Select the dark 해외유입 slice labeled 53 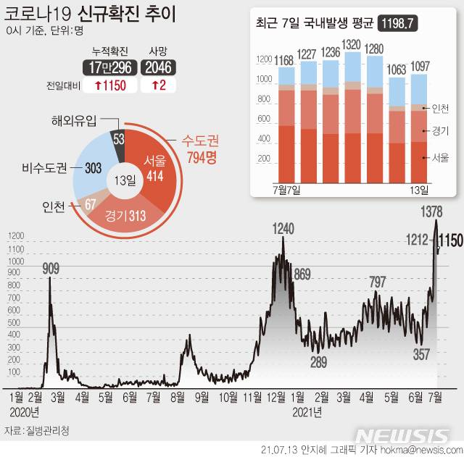pos(117,138)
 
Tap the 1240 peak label pos(283,228)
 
